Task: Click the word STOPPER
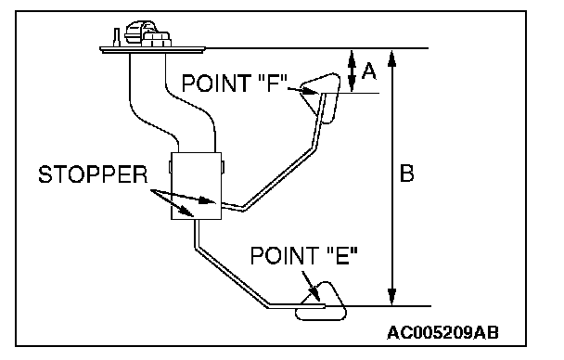point(93,174)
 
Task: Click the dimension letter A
point(369,71)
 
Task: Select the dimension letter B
point(407,174)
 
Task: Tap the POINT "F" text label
point(235,84)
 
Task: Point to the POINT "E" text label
point(304,256)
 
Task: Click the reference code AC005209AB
point(442,333)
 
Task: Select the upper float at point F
point(321,97)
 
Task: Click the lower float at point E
point(321,302)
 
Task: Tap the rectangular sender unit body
point(196,186)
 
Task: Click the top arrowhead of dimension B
point(392,58)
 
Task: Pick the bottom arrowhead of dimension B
point(392,297)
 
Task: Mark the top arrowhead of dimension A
point(352,57)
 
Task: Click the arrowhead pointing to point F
point(311,92)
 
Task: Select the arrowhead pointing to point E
point(314,294)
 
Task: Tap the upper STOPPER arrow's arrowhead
point(208,200)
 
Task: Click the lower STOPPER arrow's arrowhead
point(187,212)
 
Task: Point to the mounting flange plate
point(152,49)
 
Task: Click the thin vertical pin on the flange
point(117,37)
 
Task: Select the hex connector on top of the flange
point(156,39)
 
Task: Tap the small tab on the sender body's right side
point(223,166)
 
